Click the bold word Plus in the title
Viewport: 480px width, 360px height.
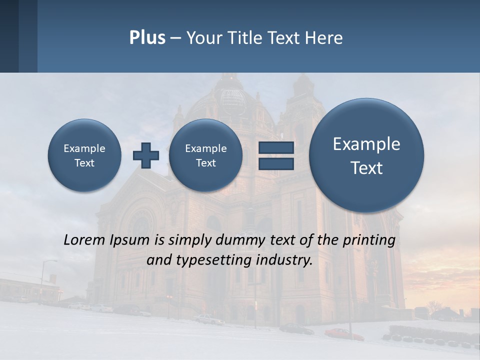click(x=147, y=38)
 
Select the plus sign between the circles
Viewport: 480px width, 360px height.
click(x=146, y=155)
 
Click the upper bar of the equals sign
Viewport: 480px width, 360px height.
click(x=276, y=147)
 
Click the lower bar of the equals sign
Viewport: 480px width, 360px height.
click(x=276, y=163)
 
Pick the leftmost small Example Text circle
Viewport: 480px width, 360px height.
click(x=84, y=155)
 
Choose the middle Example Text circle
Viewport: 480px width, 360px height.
click(x=205, y=155)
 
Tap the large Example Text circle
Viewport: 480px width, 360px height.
click(x=366, y=155)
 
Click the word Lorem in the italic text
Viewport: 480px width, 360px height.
click(x=84, y=240)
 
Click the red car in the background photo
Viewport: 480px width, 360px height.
click(x=344, y=333)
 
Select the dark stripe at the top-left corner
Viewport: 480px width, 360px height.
click(x=9, y=36)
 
